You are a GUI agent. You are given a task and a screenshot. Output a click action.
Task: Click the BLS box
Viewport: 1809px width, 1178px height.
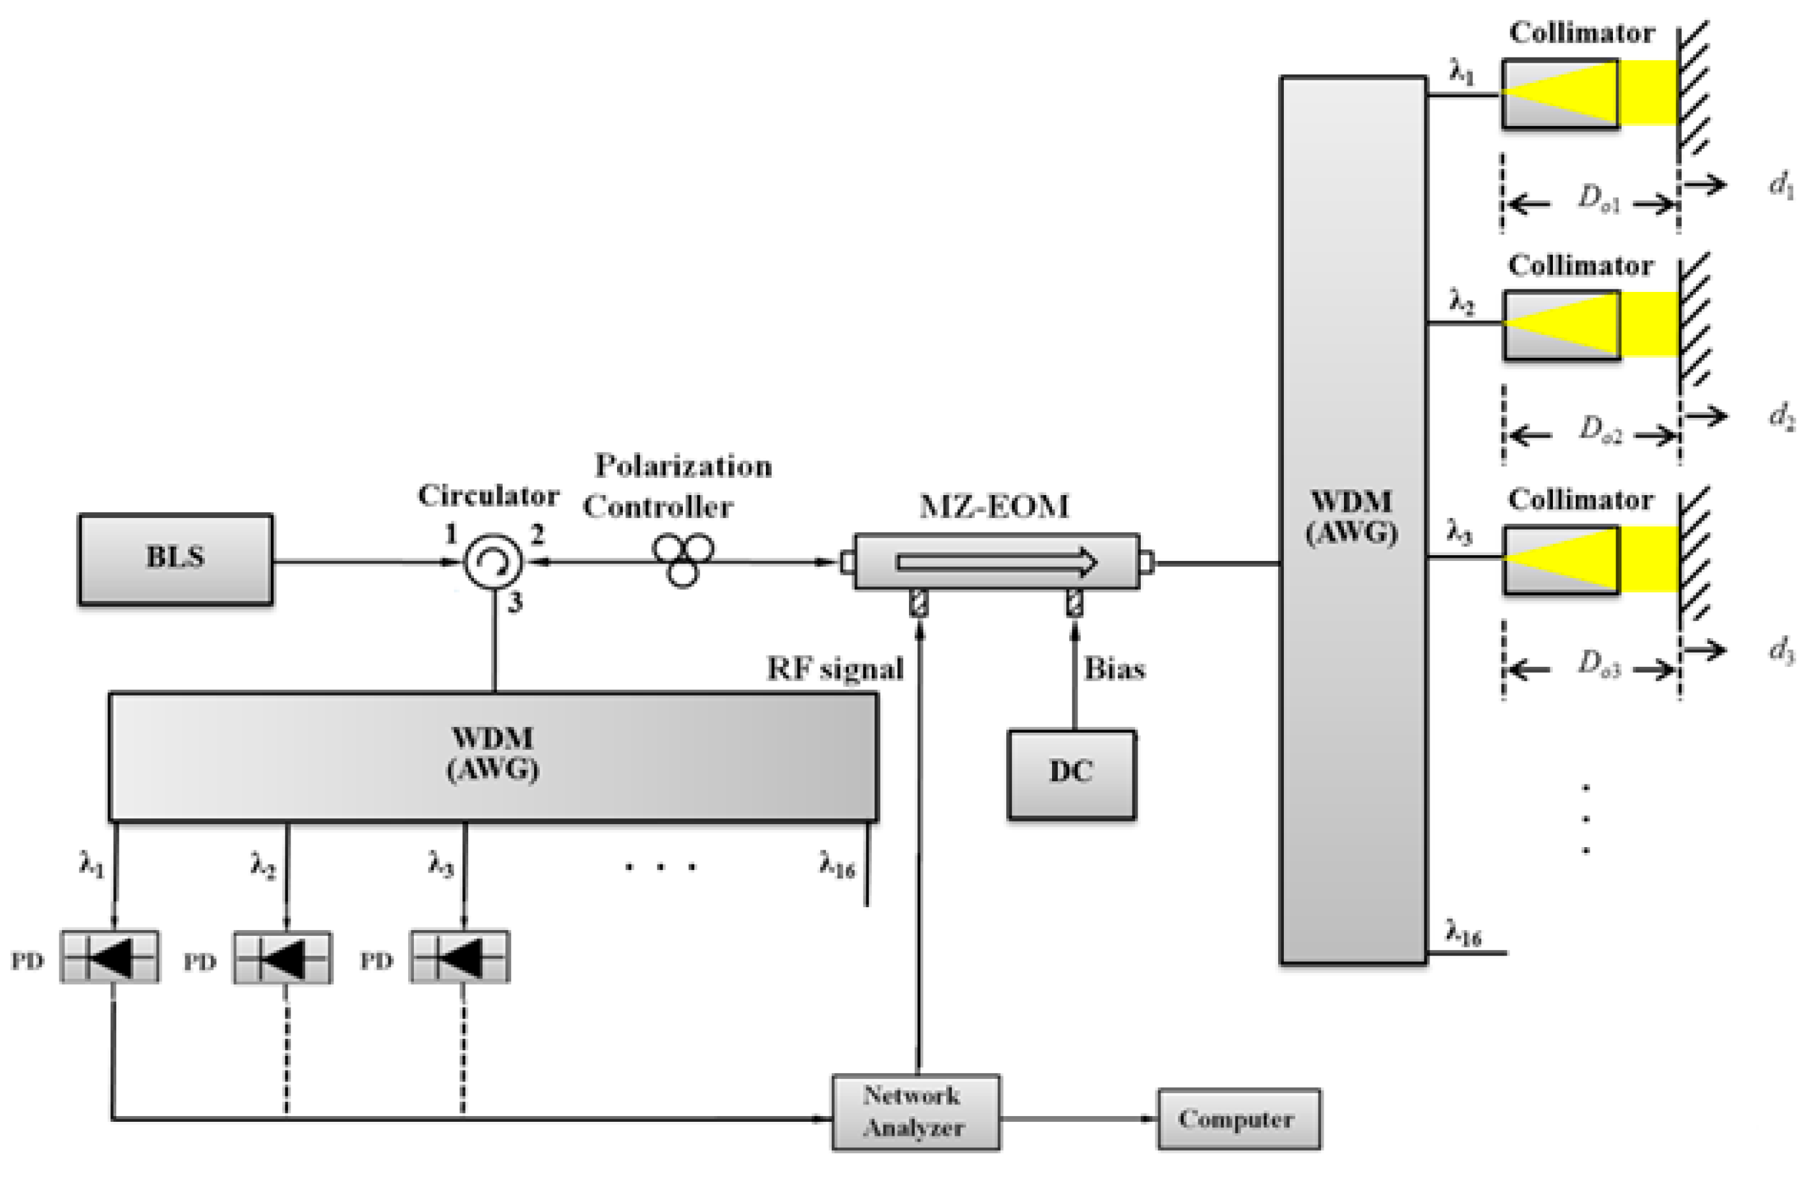(x=176, y=558)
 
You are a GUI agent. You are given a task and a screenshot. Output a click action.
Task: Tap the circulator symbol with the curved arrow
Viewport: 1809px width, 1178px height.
(x=492, y=562)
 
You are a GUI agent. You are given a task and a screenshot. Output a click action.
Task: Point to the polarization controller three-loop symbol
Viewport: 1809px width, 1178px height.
(x=683, y=558)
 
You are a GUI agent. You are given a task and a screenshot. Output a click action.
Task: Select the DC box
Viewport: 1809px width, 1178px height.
(x=1071, y=774)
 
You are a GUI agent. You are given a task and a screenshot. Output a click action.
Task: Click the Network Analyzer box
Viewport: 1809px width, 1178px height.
(x=915, y=1112)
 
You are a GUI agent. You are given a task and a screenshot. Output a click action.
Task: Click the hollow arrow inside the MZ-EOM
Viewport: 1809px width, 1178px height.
(x=996, y=562)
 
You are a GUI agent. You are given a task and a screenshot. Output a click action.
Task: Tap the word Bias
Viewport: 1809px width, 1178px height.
(x=1114, y=669)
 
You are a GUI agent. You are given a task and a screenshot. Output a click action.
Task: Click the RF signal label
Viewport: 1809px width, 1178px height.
(x=835, y=669)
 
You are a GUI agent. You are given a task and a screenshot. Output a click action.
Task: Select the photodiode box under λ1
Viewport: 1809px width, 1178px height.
(x=111, y=957)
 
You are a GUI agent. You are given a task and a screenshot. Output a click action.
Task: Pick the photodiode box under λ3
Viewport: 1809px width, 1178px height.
(x=460, y=957)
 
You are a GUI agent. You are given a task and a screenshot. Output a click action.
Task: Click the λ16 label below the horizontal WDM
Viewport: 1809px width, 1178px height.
(x=837, y=864)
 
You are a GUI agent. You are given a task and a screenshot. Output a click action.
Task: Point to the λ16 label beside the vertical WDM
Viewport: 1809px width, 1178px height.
(x=1463, y=933)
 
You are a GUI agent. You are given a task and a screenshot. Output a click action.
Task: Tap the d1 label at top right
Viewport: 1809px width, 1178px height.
(x=1781, y=183)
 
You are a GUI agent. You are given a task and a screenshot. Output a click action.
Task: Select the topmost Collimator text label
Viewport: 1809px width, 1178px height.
(x=1581, y=33)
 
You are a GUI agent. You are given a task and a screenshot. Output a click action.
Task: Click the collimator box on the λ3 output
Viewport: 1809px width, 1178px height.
(x=1561, y=560)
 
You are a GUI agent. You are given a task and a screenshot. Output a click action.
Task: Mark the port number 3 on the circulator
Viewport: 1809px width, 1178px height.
(x=515, y=602)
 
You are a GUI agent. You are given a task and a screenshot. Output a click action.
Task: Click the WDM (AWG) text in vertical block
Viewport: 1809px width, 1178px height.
(x=1352, y=517)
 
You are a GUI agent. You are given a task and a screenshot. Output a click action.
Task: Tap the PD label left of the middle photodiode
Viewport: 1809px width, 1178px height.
(x=200, y=962)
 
